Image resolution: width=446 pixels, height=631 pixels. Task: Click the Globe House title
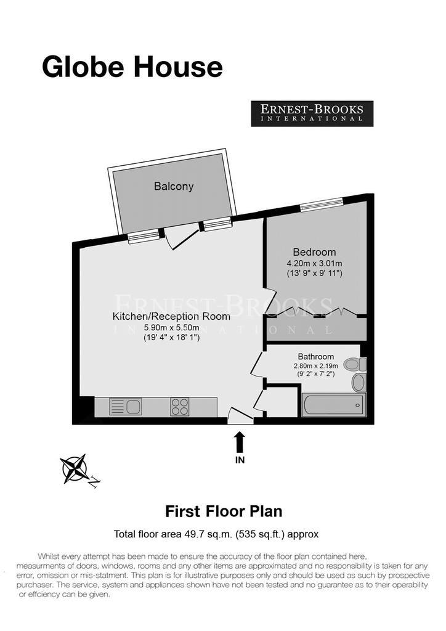coord(132,67)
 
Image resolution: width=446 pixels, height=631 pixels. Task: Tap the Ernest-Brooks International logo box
coord(312,113)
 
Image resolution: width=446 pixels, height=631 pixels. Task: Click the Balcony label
coord(174,186)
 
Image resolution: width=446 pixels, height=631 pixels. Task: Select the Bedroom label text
coord(314,252)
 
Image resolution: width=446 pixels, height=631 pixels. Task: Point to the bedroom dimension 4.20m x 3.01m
coord(314,264)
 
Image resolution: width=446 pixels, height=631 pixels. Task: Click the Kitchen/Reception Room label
coord(171,316)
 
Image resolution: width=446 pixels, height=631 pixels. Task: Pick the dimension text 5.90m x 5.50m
coord(172,328)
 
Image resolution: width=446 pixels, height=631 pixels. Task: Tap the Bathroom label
coord(315,357)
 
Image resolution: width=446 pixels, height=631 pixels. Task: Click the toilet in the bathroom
coord(355,364)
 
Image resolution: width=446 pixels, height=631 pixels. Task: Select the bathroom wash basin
coord(359,382)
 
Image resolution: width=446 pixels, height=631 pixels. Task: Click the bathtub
coord(334,405)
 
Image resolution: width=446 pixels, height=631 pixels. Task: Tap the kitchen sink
coord(125,407)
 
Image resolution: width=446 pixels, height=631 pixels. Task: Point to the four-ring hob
coord(180,407)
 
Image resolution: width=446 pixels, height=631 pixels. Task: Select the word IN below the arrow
coord(240,460)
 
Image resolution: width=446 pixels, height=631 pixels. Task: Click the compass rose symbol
coord(75,469)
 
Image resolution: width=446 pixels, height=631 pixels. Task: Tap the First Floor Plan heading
coord(224,511)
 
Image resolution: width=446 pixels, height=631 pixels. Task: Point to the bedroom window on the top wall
coord(322,205)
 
